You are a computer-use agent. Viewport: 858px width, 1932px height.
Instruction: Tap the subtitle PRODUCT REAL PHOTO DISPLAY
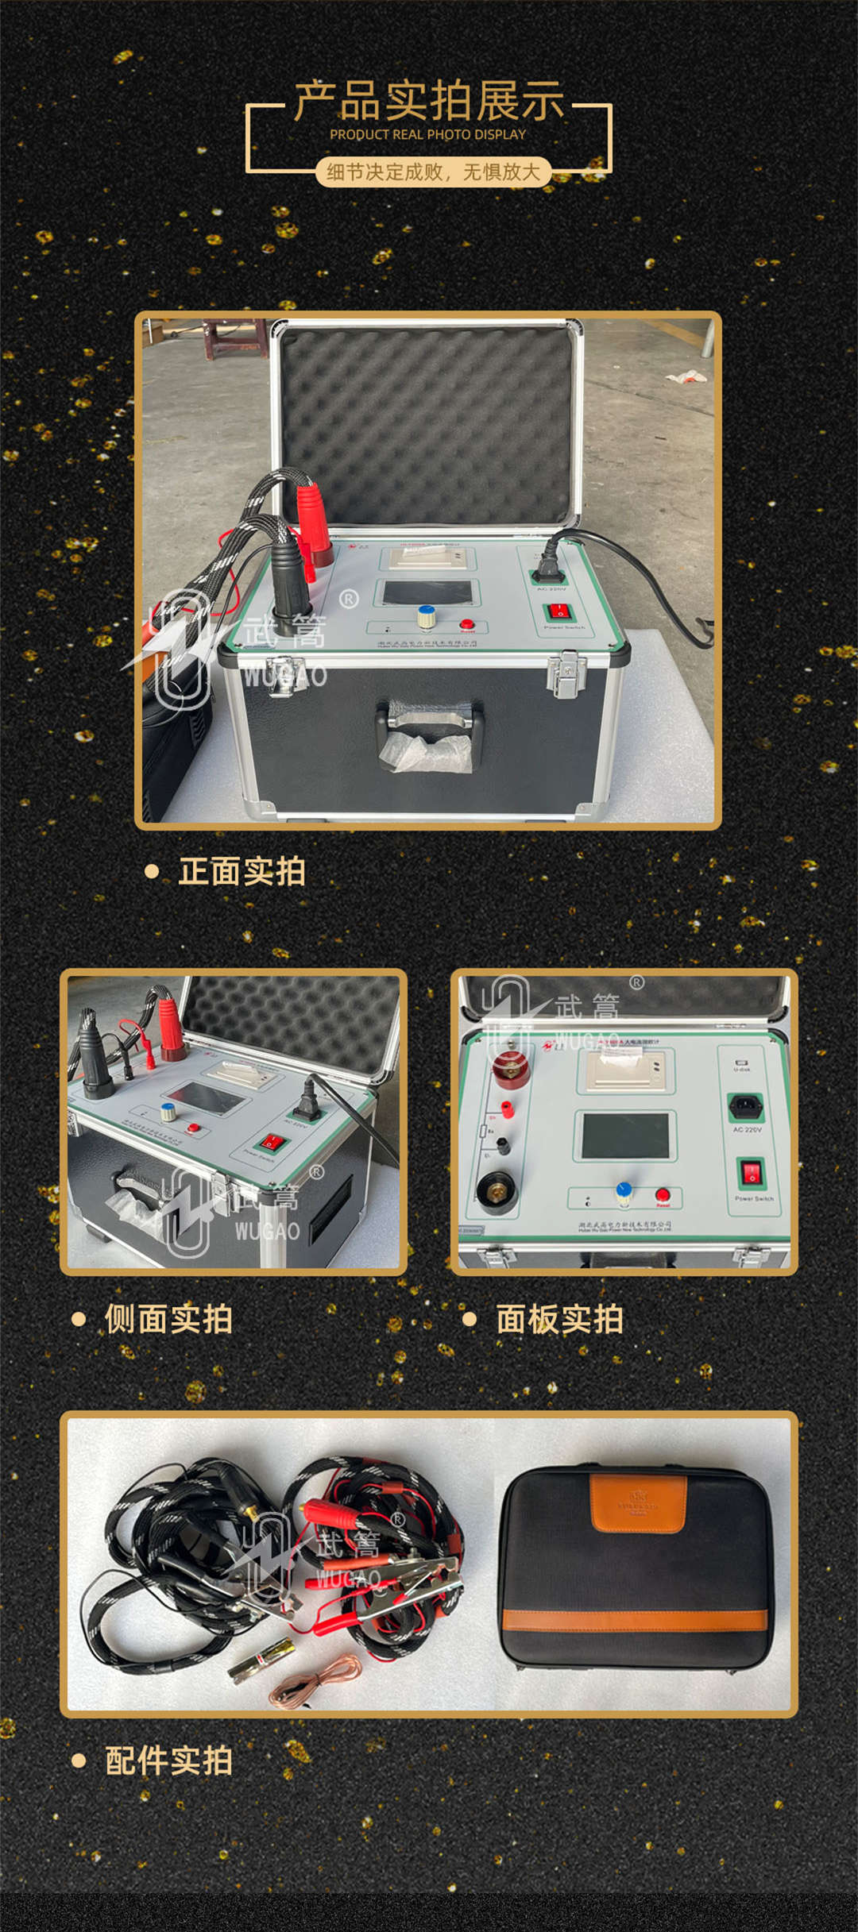[427, 135]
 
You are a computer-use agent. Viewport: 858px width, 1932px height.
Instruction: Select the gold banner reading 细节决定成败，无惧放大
[433, 172]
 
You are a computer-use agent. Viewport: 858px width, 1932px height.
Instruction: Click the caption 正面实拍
[242, 872]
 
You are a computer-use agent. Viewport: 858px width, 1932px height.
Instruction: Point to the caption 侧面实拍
[168, 1319]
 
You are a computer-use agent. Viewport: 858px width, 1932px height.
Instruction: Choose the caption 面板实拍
[559, 1319]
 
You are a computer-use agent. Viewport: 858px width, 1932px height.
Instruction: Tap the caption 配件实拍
[168, 1760]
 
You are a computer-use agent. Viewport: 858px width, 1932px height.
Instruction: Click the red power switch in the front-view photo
[559, 611]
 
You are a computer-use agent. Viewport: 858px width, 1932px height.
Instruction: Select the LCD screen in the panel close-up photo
[625, 1136]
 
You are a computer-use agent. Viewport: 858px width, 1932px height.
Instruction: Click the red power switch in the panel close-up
[751, 1172]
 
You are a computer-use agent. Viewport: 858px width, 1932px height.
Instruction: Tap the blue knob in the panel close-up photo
[624, 1192]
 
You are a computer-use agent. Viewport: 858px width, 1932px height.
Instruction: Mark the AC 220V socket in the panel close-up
[746, 1105]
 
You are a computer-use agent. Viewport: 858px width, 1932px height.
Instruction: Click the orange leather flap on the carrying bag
[638, 1502]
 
